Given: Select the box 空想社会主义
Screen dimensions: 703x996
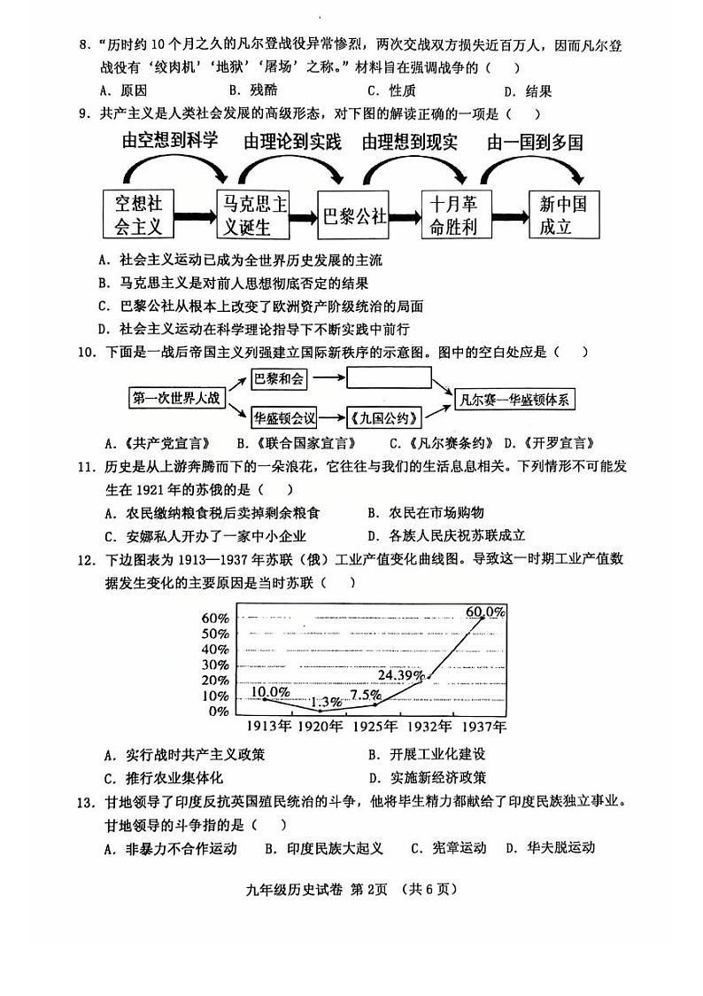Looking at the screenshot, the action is coord(139,215).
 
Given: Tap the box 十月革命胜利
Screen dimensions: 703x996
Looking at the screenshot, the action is coord(453,215).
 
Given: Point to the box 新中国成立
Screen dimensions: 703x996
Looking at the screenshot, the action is coord(563,215).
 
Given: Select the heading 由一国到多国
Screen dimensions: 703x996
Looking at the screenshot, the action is coord(535,142).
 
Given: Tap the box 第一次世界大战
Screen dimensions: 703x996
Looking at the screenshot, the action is coord(175,398).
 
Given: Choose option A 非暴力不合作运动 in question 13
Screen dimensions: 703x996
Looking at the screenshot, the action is coord(170,848).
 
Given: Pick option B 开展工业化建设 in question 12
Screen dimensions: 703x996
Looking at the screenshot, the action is coord(427,754).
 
